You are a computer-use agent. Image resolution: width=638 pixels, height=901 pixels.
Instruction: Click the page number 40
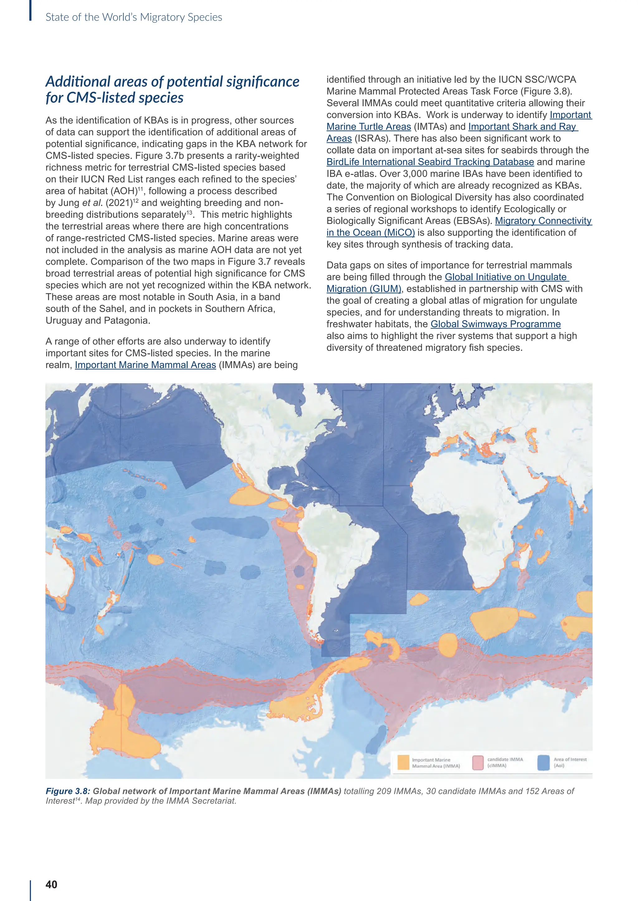[51, 884]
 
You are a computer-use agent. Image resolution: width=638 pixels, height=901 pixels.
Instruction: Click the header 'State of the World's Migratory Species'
[134, 17]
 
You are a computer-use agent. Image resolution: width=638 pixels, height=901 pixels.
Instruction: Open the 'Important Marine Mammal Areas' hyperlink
[145, 365]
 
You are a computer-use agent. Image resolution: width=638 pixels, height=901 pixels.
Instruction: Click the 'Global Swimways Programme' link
[495, 324]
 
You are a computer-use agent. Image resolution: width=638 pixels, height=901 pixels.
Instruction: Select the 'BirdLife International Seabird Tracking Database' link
[430, 162]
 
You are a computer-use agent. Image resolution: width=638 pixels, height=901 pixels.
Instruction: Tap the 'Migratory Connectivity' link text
[543, 221]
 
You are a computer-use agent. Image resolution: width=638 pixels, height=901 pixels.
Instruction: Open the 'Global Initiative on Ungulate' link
[507, 277]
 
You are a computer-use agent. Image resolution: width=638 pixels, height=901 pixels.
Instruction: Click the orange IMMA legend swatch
[403, 763]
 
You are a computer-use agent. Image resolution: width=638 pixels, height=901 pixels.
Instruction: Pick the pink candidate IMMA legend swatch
[478, 763]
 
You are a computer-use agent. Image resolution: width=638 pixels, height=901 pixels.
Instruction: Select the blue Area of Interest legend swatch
[543, 763]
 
